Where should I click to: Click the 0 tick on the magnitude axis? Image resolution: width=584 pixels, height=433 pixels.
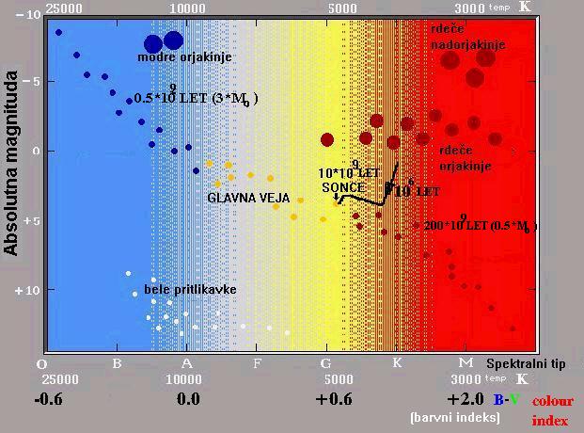(x=36, y=152)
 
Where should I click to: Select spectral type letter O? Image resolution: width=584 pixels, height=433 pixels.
(x=41, y=363)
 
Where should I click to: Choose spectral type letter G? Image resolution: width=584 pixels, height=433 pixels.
(x=326, y=363)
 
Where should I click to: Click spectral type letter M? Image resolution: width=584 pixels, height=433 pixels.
(x=465, y=363)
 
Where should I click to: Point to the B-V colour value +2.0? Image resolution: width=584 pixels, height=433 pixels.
(x=466, y=399)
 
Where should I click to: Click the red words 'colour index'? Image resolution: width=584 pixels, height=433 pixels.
(x=552, y=410)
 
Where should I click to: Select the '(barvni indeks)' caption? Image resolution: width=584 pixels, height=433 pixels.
(x=455, y=417)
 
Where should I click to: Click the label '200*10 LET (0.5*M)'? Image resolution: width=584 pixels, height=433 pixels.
(x=480, y=226)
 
